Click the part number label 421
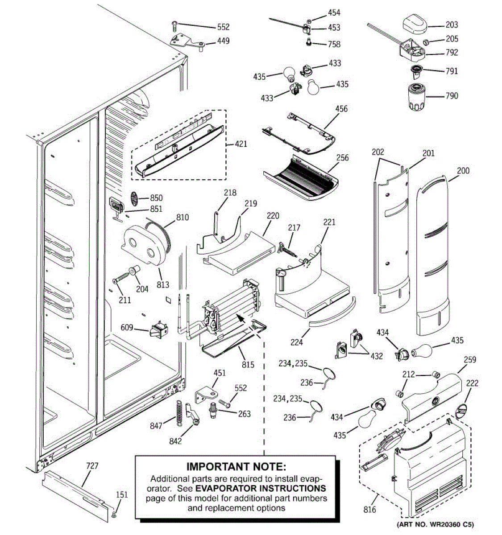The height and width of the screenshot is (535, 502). click(x=241, y=144)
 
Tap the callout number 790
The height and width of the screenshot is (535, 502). click(x=452, y=95)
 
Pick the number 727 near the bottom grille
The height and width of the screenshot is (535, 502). click(x=92, y=466)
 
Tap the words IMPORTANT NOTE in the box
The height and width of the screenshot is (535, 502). click(x=236, y=467)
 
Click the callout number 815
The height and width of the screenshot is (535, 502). click(x=248, y=365)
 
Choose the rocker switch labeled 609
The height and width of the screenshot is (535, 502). click(x=159, y=330)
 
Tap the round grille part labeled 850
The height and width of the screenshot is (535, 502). click(x=136, y=197)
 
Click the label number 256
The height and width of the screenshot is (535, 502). click(x=342, y=158)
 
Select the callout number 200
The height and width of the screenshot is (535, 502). click(x=463, y=170)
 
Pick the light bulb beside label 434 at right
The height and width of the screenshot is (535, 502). click(x=421, y=350)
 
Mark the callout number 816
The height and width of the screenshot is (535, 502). click(x=369, y=510)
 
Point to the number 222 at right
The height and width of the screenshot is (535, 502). click(x=472, y=383)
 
